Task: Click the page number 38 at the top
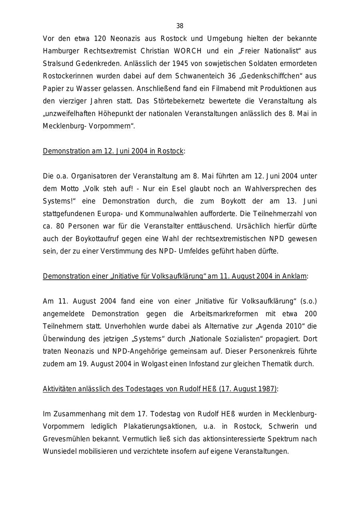(180, 26)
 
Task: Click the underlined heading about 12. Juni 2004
(113, 151)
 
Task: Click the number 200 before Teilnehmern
(310, 314)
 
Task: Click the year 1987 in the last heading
(267, 389)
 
